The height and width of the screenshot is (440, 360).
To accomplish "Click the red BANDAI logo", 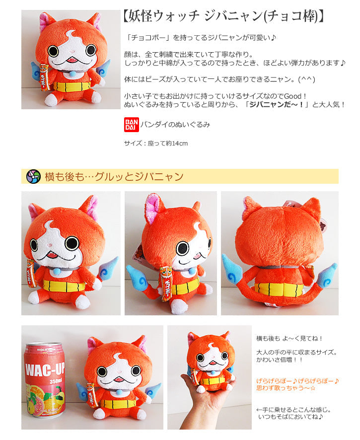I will coord(130,124).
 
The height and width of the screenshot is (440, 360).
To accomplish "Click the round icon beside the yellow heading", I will coord(33,176).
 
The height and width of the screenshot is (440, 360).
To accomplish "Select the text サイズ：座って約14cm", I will coord(155,144).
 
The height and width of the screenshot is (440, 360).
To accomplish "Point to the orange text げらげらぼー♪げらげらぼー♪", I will coord(297,381).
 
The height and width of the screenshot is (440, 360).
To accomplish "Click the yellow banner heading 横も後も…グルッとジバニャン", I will coord(114,176).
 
